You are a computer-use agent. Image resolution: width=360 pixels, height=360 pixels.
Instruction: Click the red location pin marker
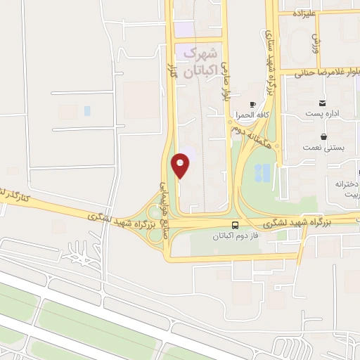tap(181, 165)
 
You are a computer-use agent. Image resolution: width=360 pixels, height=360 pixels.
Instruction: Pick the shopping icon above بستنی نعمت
tap(323, 136)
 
